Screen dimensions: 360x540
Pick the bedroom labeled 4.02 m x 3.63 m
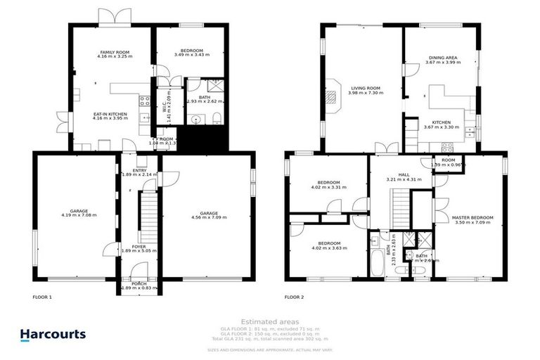(x=329, y=245)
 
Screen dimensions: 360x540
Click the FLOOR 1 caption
(x=43, y=297)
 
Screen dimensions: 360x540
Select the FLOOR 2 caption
(x=294, y=297)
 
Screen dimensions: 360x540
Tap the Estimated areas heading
(x=269, y=321)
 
